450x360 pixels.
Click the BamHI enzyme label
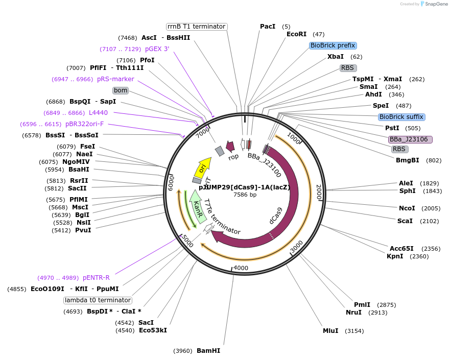208,351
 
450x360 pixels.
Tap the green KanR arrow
198,206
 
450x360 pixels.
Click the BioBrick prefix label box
333,45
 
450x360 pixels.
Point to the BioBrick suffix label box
401,117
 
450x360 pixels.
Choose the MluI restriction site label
330,331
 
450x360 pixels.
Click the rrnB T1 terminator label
197,27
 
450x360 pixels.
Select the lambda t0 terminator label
98,300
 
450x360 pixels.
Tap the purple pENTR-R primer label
96,278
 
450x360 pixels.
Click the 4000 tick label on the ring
240,268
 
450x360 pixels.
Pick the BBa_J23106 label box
410,139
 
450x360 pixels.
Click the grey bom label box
121,90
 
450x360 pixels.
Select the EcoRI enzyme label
296,34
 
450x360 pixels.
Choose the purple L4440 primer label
98,113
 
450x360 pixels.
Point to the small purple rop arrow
230,147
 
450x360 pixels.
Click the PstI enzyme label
392,128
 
